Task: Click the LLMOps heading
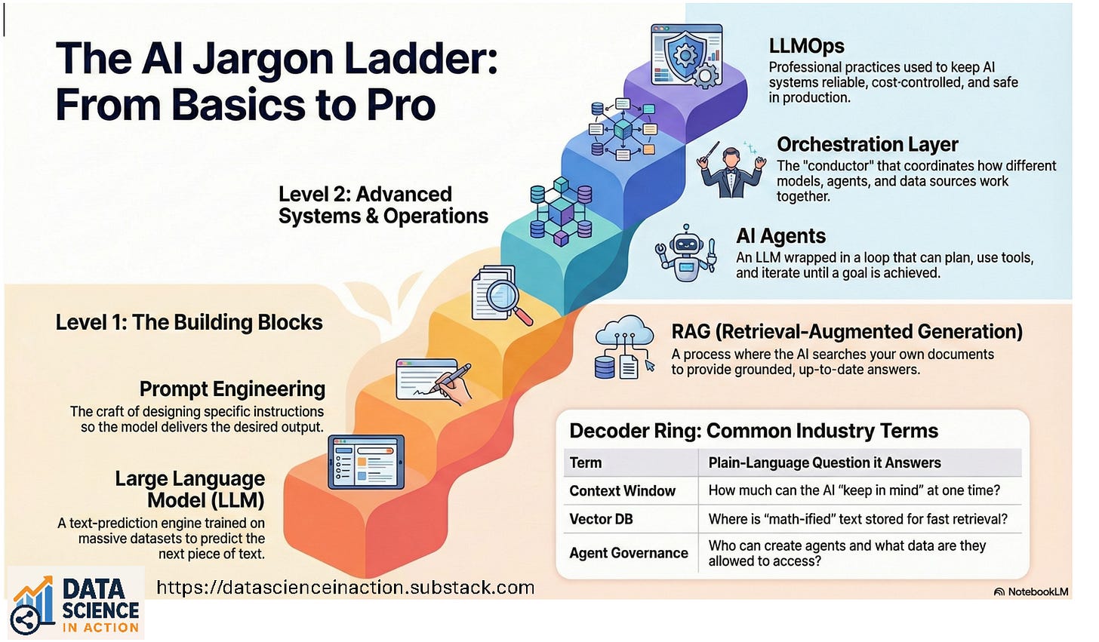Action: click(x=806, y=47)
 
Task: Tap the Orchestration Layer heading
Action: click(x=867, y=144)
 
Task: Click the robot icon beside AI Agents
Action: click(x=685, y=253)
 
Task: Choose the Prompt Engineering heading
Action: click(x=232, y=389)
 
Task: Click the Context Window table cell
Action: click(x=622, y=491)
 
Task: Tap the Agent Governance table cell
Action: click(x=628, y=553)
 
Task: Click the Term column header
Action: click(x=586, y=462)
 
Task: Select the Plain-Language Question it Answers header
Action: click(x=824, y=462)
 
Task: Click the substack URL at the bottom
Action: click(x=345, y=587)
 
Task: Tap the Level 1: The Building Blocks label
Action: click(x=189, y=323)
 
